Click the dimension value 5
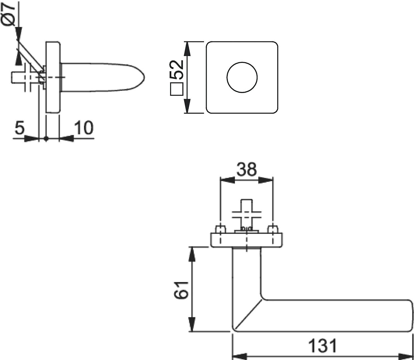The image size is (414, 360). [x=19, y=128]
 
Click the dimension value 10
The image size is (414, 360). [x=83, y=128]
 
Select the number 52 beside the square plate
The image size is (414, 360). [x=177, y=69]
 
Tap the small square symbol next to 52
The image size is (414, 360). [x=177, y=89]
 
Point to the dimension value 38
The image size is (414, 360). [x=246, y=169]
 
